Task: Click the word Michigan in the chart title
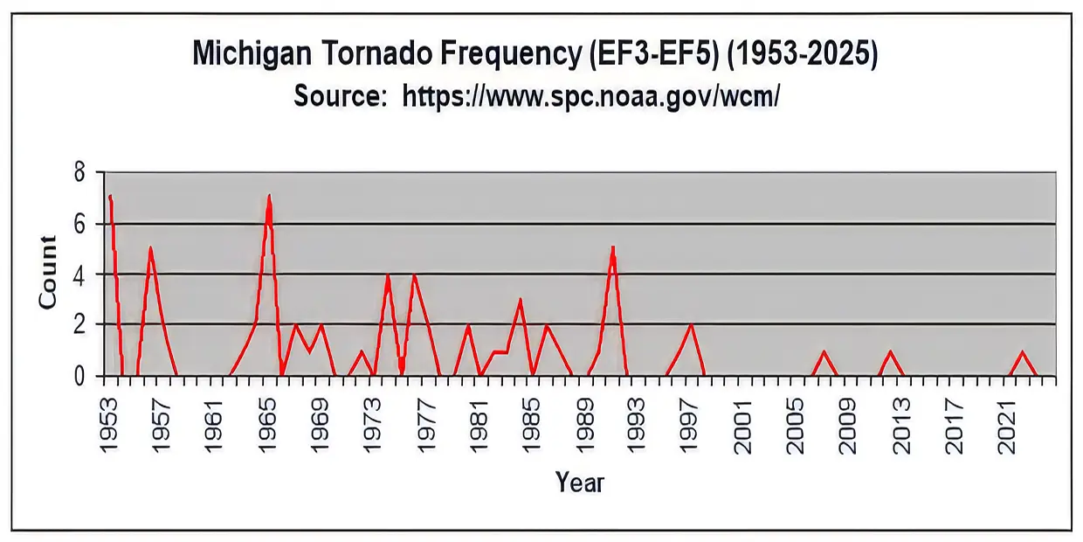tap(252, 54)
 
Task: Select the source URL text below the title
tap(590, 97)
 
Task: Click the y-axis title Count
tap(47, 272)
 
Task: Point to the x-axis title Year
tap(580, 482)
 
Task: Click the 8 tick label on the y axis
tap(79, 172)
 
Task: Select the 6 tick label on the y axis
tap(79, 225)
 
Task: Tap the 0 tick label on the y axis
tap(79, 376)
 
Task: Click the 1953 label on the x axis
tap(109, 426)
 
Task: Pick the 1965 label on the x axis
tap(267, 426)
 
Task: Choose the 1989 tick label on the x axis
tap(584, 426)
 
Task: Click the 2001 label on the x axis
tap(743, 426)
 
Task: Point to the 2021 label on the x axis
tap(1007, 426)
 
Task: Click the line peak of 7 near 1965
tap(269, 196)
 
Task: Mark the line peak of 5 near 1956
tap(150, 247)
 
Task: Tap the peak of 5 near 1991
tap(612, 247)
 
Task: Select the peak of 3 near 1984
tap(521, 300)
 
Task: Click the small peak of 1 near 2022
tap(1022, 351)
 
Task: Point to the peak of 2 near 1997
tap(692, 324)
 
